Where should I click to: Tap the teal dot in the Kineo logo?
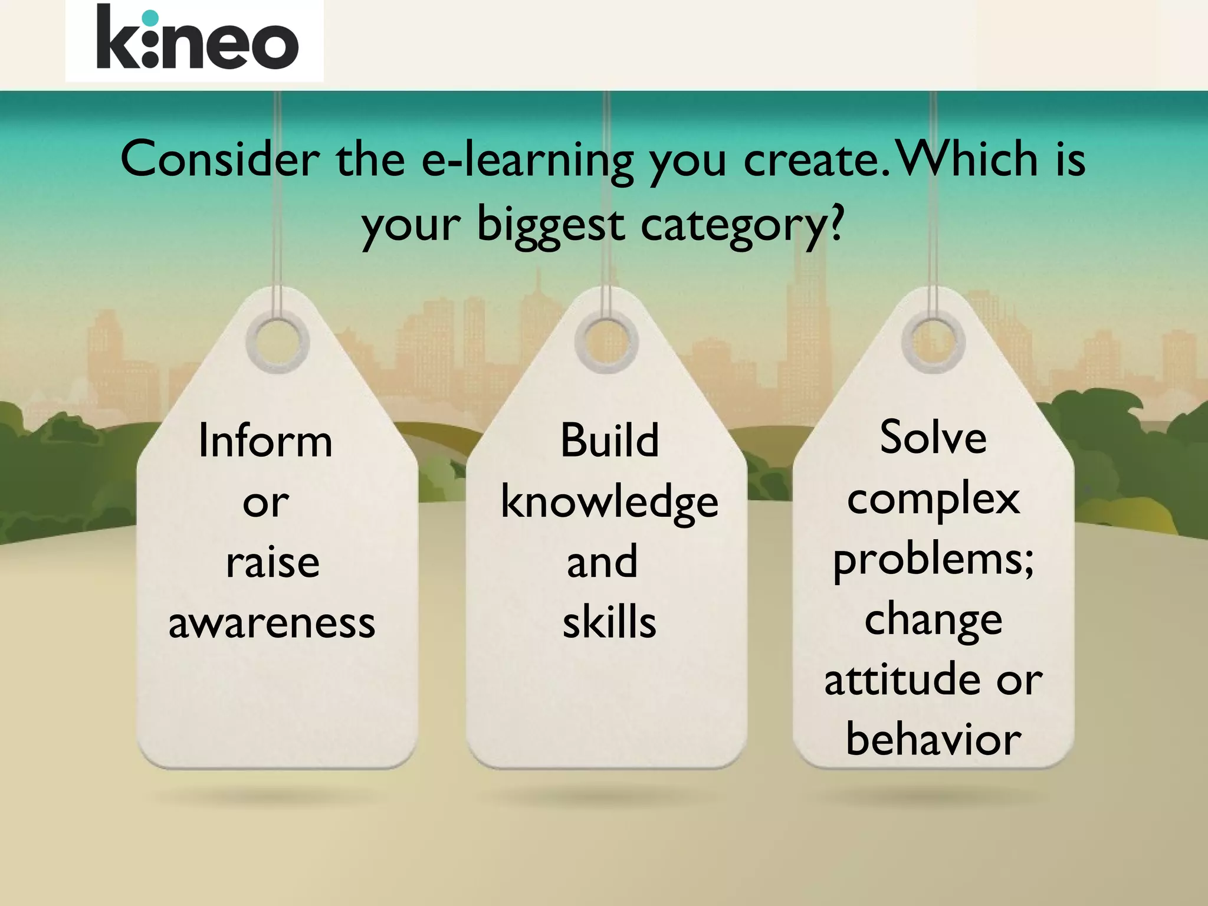pyautogui.click(x=151, y=18)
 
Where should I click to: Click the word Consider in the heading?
pyautogui.click(x=220, y=159)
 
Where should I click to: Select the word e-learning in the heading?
pyautogui.click(x=527, y=160)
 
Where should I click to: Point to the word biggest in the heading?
pyautogui.click(x=550, y=225)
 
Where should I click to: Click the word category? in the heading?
pyautogui.click(x=743, y=226)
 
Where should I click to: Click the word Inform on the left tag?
pyautogui.click(x=265, y=441)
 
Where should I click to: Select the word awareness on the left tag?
pyautogui.click(x=272, y=623)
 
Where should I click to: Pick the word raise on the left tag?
pyautogui.click(x=273, y=562)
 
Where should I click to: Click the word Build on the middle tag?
pyautogui.click(x=609, y=441)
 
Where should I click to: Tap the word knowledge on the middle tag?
pyautogui.click(x=609, y=503)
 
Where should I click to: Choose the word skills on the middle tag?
pyautogui.click(x=609, y=623)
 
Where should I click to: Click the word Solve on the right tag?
pyautogui.click(x=933, y=438)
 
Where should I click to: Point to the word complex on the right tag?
pyautogui.click(x=933, y=499)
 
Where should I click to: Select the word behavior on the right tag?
pyautogui.click(x=933, y=740)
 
